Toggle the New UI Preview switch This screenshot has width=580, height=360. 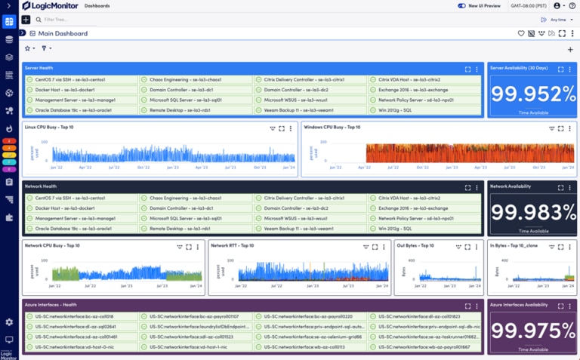[x=461, y=6]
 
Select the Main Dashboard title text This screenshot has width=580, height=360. [x=63, y=33]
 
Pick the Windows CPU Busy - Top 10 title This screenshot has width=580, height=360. [x=332, y=128]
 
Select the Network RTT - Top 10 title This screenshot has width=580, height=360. [x=233, y=245]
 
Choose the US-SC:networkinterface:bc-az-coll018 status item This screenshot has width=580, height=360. [x=73, y=316]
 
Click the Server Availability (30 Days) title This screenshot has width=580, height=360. [x=518, y=68]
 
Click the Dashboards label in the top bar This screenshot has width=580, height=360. [x=97, y=6]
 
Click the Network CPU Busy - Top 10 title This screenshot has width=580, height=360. [x=52, y=245]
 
